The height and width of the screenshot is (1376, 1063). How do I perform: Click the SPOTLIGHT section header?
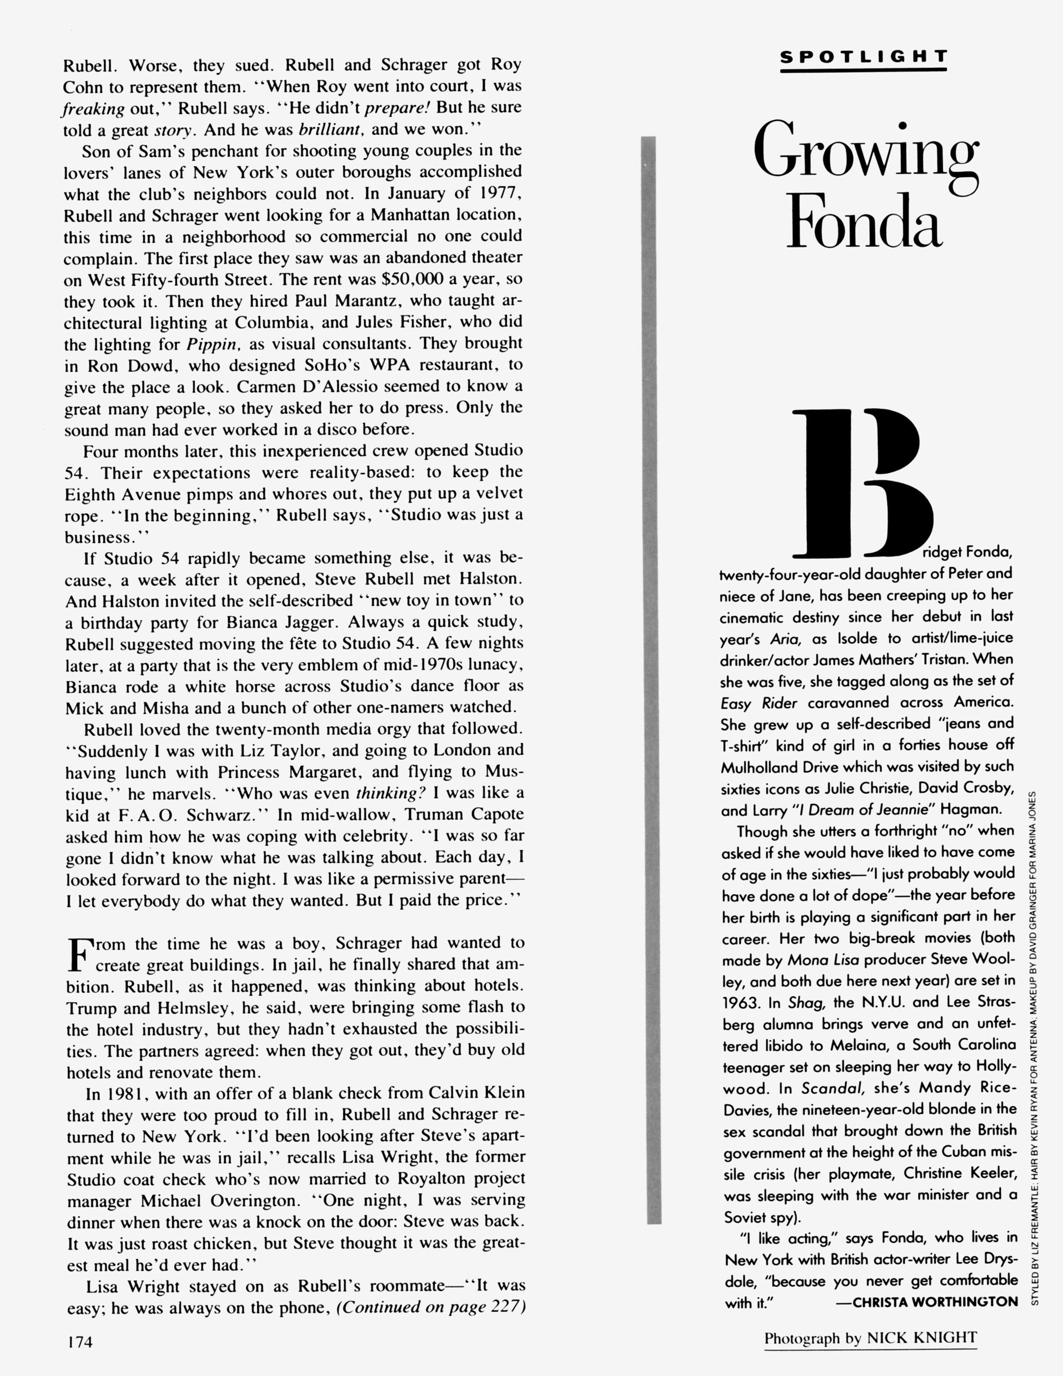[x=863, y=57]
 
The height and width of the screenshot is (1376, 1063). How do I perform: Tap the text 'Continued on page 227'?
[x=431, y=1307]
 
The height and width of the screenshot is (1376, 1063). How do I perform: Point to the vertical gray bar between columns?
[x=654, y=681]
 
